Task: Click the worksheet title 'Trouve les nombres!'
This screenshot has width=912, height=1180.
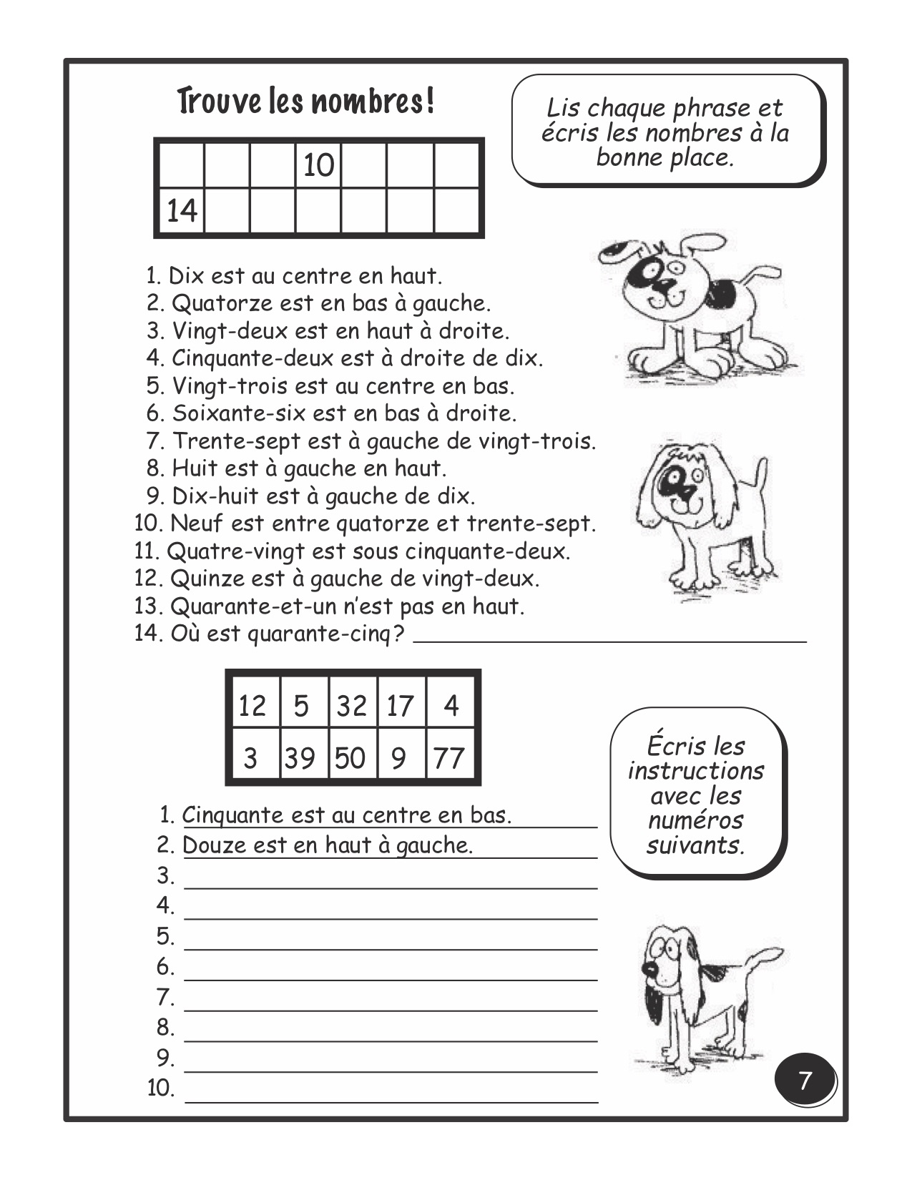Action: (x=305, y=102)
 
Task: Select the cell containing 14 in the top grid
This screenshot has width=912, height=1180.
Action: (x=181, y=211)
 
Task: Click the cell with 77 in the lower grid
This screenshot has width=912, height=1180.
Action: (x=449, y=757)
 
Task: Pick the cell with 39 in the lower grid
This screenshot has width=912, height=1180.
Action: (x=300, y=757)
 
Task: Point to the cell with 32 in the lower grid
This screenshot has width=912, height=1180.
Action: (x=351, y=707)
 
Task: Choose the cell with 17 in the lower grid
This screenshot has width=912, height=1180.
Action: (x=400, y=707)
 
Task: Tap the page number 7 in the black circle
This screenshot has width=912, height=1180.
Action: (x=805, y=1081)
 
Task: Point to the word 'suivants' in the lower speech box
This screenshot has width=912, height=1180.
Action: (x=695, y=845)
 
